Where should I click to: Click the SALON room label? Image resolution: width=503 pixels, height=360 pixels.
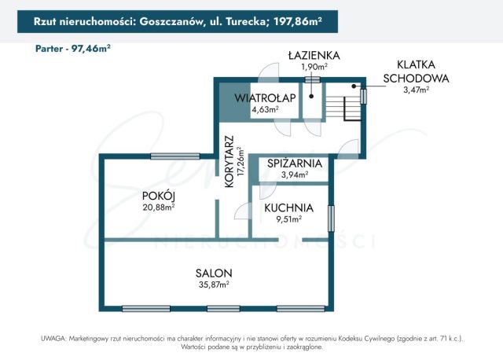[214, 273]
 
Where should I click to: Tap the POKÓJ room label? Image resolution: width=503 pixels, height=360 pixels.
[158, 196]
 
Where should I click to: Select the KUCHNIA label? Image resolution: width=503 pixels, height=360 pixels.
[288, 208]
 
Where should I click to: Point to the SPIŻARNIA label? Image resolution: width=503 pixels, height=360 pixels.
[294, 163]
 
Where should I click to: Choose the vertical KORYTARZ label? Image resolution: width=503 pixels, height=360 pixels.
[229, 161]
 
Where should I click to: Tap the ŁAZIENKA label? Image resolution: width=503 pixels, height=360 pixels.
[313, 55]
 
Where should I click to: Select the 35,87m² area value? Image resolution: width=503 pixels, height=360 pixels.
[213, 285]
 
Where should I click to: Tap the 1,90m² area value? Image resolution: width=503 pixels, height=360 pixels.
[314, 67]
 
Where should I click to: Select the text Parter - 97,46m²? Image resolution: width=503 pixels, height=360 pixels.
[73, 48]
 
